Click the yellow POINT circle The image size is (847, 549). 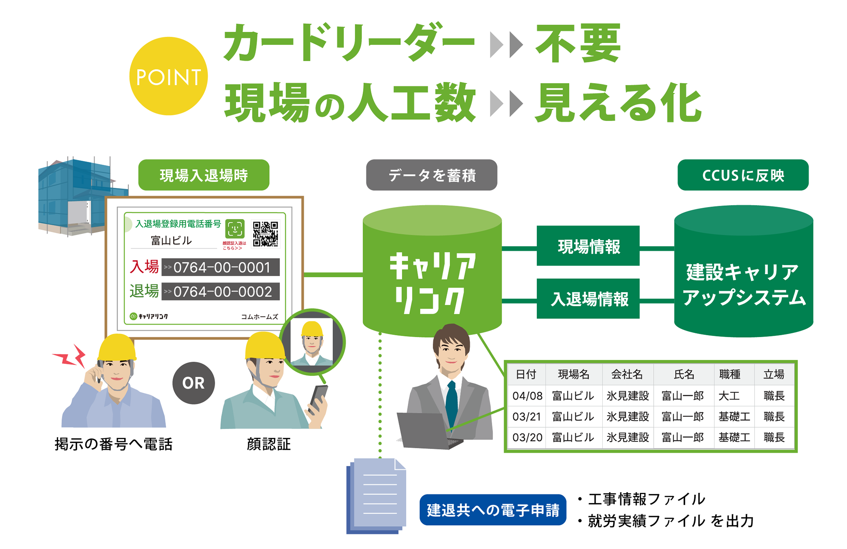click(x=168, y=76)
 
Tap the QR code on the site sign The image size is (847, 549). click(x=265, y=234)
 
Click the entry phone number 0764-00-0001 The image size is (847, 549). click(x=221, y=267)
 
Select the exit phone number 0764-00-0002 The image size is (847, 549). click(x=221, y=292)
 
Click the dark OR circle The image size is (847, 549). click(x=193, y=383)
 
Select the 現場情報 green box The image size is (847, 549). click(x=588, y=246)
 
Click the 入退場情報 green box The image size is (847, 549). click(x=588, y=299)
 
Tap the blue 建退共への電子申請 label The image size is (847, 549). click(x=493, y=510)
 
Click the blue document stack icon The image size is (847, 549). click(x=376, y=496)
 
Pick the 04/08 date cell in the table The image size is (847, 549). click(x=527, y=396)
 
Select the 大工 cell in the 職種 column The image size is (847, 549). click(x=729, y=396)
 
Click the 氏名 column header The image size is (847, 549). click(x=684, y=374)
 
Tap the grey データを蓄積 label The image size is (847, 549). click(x=431, y=175)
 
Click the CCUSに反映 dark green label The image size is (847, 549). click(x=743, y=175)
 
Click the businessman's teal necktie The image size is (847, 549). click(x=452, y=404)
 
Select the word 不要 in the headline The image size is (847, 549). click(x=578, y=43)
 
